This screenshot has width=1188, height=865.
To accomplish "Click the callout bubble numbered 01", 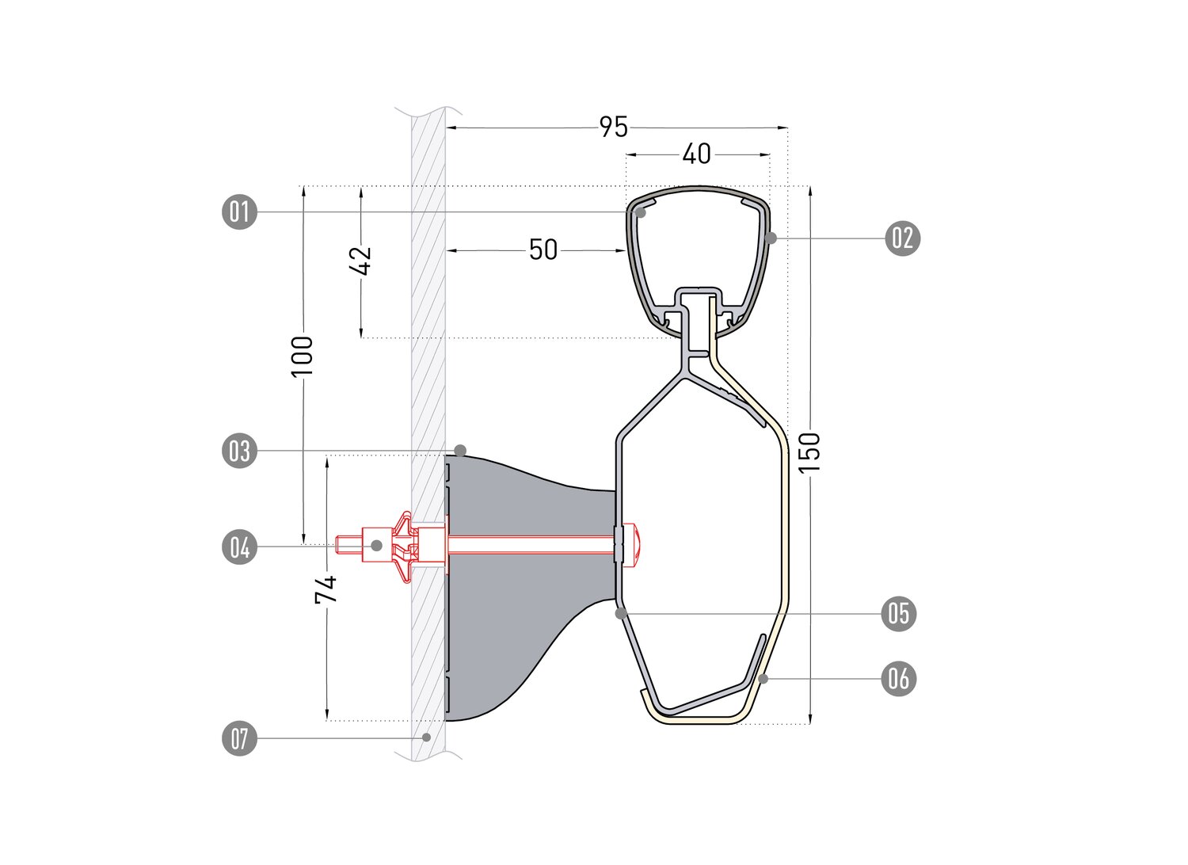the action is pyautogui.click(x=239, y=212).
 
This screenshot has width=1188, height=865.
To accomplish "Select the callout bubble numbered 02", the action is pyautogui.click(x=902, y=238).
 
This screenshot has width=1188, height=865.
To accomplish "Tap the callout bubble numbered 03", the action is pyautogui.click(x=239, y=452).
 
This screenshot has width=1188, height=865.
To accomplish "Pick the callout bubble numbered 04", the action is pyautogui.click(x=239, y=547).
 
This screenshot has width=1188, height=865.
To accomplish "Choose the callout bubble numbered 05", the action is pyautogui.click(x=899, y=614).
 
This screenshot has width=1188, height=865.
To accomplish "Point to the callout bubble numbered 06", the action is pyautogui.click(x=899, y=679).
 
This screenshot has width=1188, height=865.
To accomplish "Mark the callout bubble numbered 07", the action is pyautogui.click(x=239, y=738).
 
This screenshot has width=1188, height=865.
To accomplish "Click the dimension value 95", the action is pyautogui.click(x=614, y=128).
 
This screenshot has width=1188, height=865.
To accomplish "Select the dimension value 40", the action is pyautogui.click(x=696, y=154).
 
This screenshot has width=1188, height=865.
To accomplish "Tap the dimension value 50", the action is pyautogui.click(x=543, y=250).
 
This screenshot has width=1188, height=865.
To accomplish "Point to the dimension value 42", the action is pyautogui.click(x=360, y=261).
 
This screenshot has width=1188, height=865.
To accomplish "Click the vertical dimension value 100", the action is pyautogui.click(x=303, y=356).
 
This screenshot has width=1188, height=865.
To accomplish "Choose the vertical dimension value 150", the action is pyautogui.click(x=810, y=452).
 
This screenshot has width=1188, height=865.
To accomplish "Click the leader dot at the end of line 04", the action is pyautogui.click(x=376, y=545).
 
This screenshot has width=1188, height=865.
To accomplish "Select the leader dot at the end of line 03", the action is pyautogui.click(x=460, y=451).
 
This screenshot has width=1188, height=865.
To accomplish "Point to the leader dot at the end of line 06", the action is pyautogui.click(x=763, y=678).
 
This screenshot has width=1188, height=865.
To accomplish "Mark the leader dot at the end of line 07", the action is pyautogui.click(x=425, y=737).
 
